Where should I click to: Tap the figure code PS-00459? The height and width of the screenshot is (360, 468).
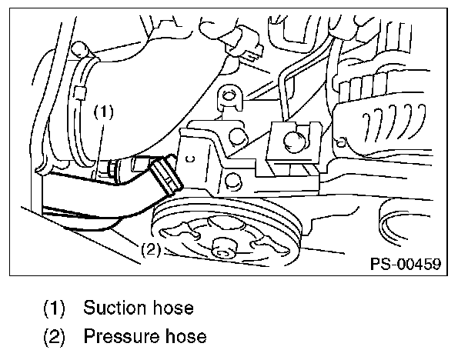tap(405, 264)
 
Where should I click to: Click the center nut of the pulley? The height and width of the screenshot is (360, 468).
tap(223, 248)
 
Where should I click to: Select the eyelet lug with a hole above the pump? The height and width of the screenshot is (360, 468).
tap(227, 98)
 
